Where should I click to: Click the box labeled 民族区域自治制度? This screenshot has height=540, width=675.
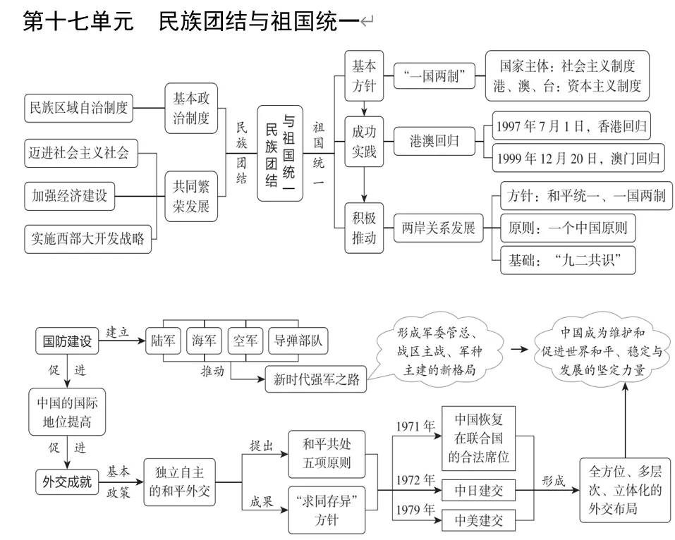point(79,108)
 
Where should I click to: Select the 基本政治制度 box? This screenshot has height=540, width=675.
point(191,108)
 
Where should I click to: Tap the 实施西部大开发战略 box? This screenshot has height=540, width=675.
point(88,238)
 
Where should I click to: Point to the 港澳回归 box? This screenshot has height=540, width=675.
point(434,141)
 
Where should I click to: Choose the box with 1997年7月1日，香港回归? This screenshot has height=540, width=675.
point(571,126)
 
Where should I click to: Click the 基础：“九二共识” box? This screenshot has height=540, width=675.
point(568,260)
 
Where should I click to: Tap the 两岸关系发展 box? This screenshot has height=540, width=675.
point(438,228)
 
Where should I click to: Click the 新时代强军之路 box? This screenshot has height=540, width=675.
point(317,380)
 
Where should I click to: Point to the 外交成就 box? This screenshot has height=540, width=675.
point(67,482)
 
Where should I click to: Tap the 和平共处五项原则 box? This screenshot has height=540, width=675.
point(327,454)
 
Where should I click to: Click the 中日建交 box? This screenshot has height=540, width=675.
point(479,489)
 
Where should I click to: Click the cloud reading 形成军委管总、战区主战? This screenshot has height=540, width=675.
point(437,350)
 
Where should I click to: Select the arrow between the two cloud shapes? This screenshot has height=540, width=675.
point(520,349)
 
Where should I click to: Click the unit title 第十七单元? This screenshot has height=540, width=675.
point(78,22)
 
